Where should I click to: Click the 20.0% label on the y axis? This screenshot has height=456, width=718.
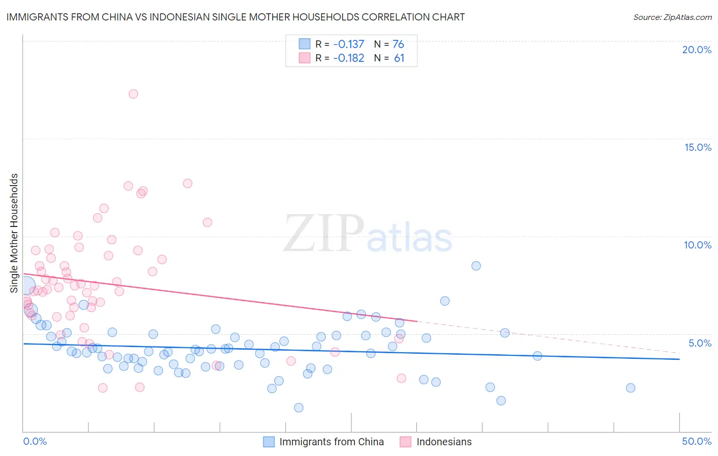pos(697,50)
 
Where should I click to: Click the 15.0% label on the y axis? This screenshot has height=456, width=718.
pos(698,147)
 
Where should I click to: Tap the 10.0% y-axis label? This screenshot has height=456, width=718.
pos(698,245)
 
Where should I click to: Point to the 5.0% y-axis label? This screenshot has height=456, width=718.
pos(700,343)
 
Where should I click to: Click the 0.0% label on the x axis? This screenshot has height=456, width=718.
pos(35,441)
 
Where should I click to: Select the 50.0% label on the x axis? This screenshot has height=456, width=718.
pos(697,441)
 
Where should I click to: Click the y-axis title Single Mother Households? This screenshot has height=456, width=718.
pos(14,233)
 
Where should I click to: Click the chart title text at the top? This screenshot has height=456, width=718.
pos(235,17)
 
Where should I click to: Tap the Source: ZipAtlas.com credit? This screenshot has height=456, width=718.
pos(672,17)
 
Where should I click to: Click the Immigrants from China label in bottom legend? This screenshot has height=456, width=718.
pos(331,442)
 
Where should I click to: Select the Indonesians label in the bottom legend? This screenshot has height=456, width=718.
pos(444,442)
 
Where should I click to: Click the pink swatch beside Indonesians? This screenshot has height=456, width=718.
pos(405,442)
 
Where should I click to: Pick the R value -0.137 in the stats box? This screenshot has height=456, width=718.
pos(349,44)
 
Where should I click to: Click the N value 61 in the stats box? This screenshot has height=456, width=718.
pos(399,58)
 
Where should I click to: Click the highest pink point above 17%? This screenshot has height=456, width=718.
pos(133,94)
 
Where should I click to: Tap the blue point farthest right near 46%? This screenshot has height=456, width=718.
pos(630,388)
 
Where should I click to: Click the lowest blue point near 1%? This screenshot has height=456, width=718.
pos(299,407)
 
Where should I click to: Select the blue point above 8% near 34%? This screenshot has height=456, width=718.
pos(476,266)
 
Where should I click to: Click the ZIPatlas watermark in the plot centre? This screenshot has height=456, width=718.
pos(368,234)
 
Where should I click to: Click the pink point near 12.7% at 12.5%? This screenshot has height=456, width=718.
pos(187,184)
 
